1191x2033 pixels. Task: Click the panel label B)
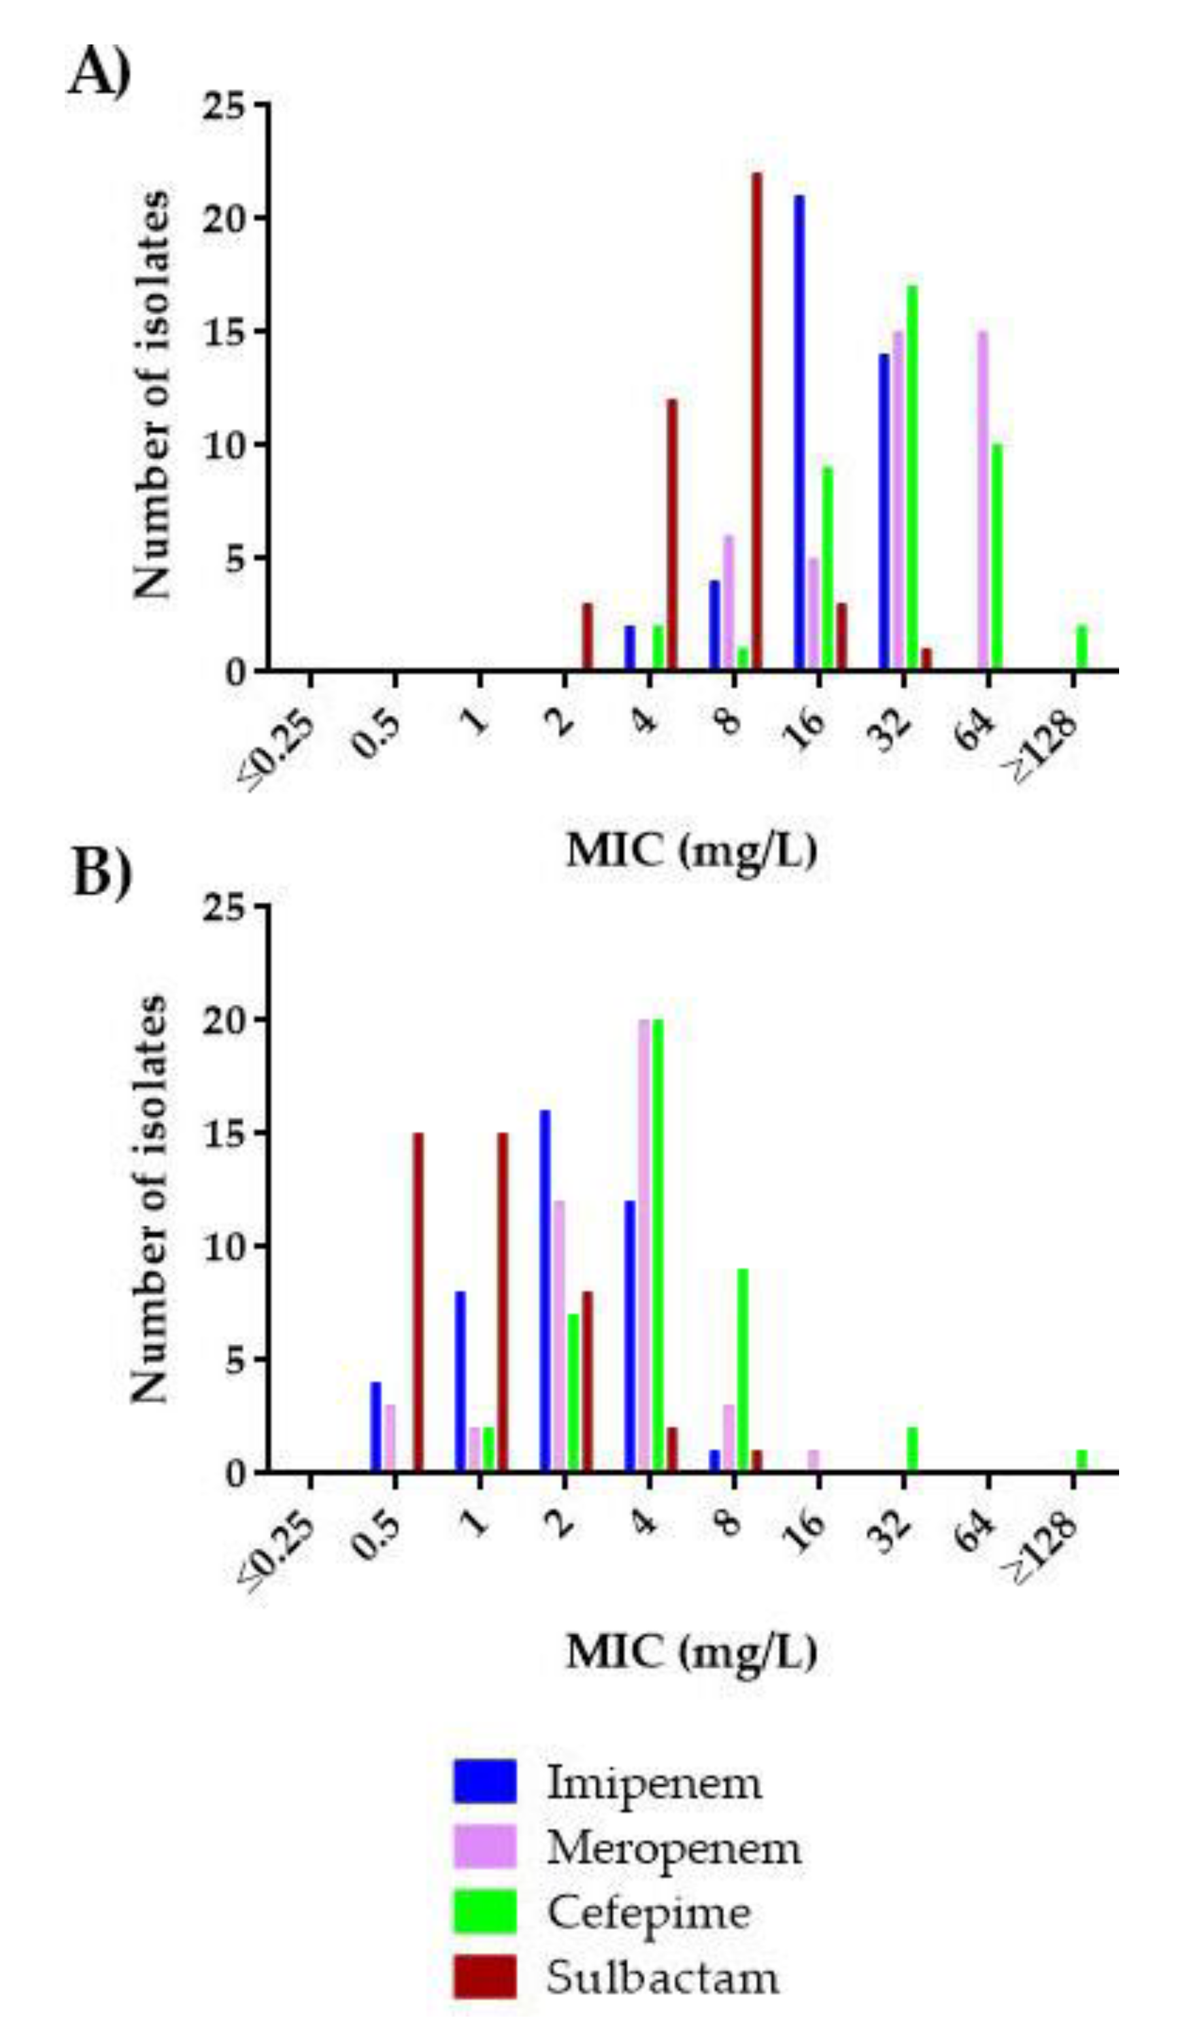click(101, 875)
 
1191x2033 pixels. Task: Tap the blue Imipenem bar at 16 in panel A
click(799, 431)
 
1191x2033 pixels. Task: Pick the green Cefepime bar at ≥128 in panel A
click(1082, 647)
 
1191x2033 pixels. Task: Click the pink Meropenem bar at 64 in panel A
click(983, 500)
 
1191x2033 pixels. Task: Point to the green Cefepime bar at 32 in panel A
click(912, 478)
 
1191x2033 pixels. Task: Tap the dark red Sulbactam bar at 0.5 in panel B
click(418, 1303)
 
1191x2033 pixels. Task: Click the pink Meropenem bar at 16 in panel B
click(813, 1461)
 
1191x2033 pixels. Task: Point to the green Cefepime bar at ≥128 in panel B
click(1082, 1461)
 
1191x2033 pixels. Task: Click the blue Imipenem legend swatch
click(484, 1781)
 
